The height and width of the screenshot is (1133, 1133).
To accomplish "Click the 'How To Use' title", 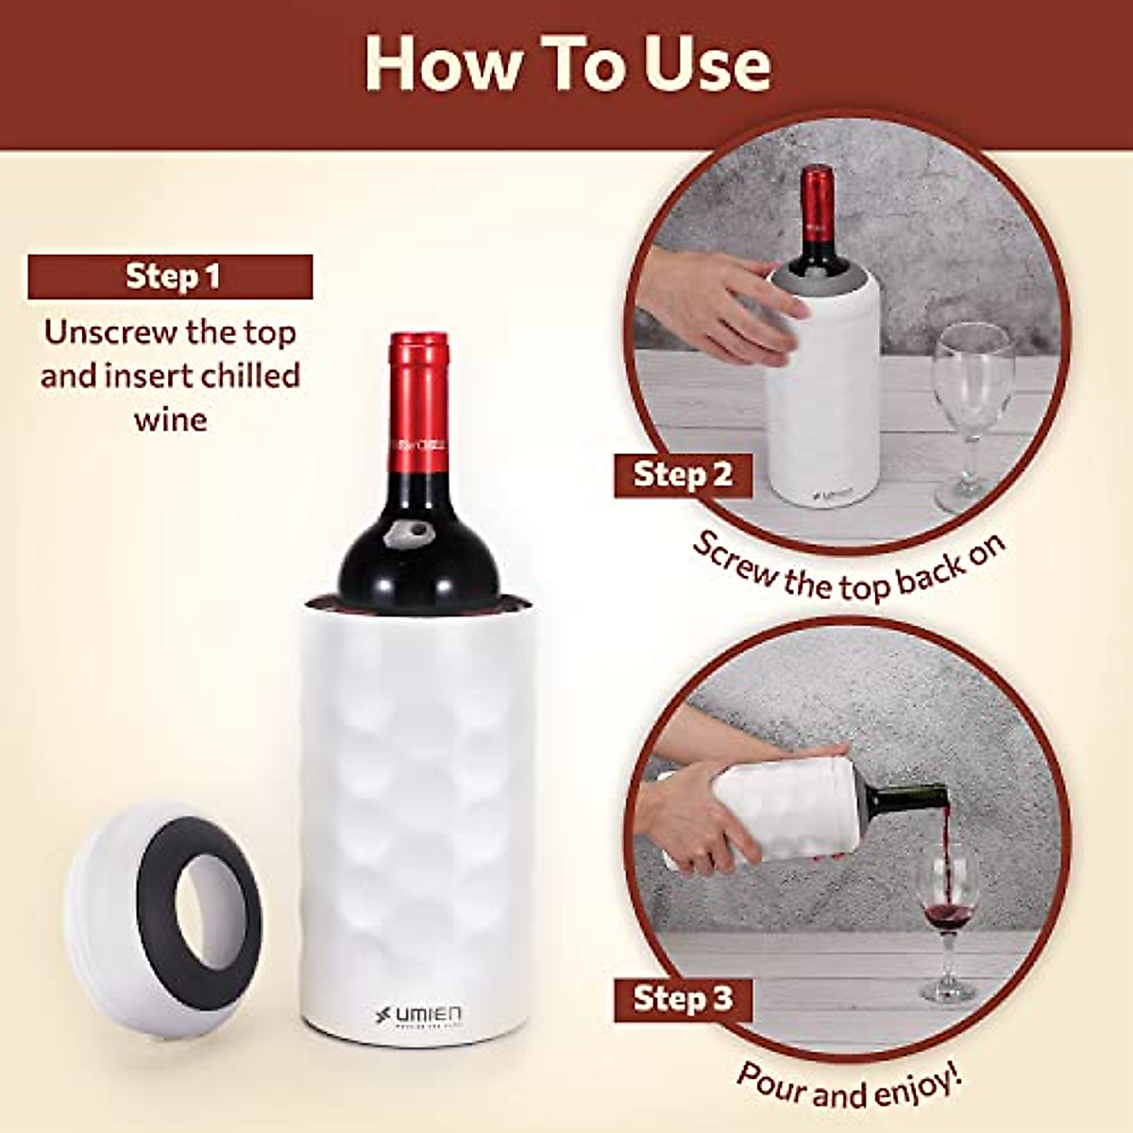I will coord(567,65).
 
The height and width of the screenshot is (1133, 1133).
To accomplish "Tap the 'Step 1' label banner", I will coord(171,277).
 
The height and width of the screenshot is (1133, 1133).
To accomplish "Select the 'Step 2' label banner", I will coord(683,474).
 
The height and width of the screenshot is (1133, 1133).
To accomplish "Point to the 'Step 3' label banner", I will coord(683,998).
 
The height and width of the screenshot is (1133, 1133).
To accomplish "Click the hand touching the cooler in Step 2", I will coord(718,302).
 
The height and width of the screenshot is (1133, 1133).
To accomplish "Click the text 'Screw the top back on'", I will coord(847,566).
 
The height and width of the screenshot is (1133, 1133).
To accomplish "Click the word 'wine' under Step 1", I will coord(171,418).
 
